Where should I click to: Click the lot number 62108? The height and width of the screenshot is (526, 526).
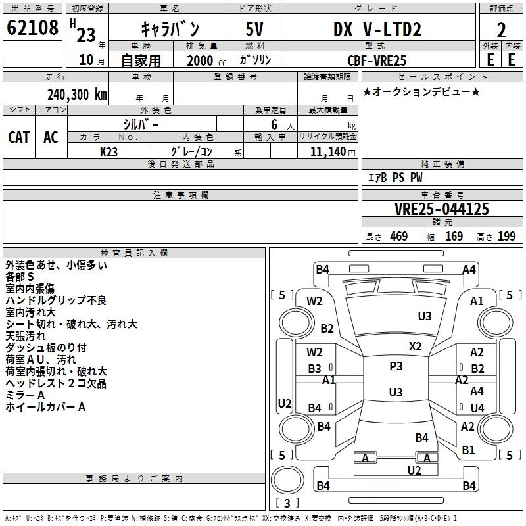click(x=32, y=27)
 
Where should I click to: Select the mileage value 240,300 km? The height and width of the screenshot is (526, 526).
click(x=77, y=95)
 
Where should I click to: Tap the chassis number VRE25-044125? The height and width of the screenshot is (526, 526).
click(x=442, y=209)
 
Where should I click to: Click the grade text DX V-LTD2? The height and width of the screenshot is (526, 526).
click(x=377, y=29)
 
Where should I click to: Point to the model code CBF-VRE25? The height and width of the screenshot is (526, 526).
click(x=377, y=60)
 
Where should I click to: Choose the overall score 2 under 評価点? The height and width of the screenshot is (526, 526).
click(x=501, y=30)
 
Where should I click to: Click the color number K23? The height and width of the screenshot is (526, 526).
click(x=108, y=152)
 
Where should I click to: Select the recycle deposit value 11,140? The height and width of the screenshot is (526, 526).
click(x=328, y=152)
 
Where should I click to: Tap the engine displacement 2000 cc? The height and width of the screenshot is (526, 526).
click(x=206, y=60)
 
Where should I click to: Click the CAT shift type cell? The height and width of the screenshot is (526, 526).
click(x=19, y=137)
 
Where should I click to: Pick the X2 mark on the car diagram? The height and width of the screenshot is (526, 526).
click(x=416, y=347)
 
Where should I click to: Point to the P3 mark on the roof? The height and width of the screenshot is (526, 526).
click(x=396, y=366)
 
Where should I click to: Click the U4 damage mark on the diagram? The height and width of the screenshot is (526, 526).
click(x=477, y=408)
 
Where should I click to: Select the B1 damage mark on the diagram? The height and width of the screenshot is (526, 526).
click(x=468, y=450)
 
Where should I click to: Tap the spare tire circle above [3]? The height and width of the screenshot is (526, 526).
click(x=287, y=480)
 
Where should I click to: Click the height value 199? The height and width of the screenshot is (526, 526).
click(x=506, y=236)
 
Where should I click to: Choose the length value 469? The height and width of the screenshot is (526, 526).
click(x=399, y=236)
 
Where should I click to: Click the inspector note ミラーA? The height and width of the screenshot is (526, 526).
click(x=25, y=395)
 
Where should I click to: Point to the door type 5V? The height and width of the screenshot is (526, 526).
click(x=254, y=29)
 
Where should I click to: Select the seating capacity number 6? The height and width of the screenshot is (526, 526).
click(x=274, y=124)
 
